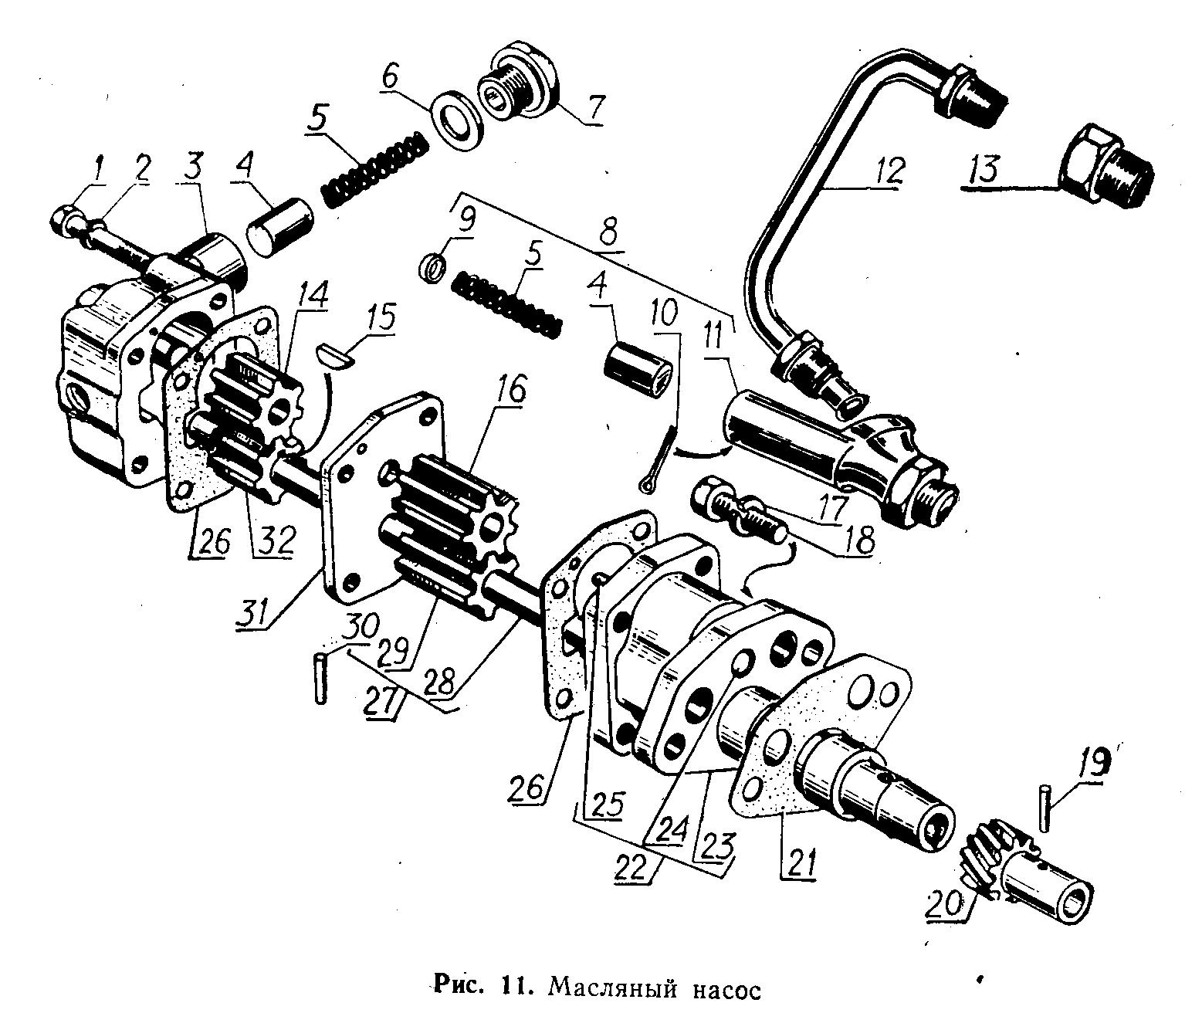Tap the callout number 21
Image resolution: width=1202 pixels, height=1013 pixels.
[x=799, y=860]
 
